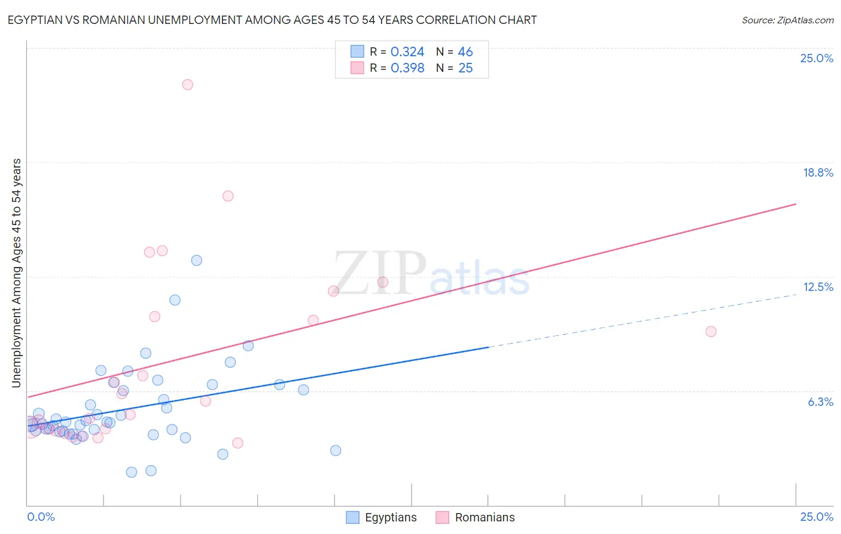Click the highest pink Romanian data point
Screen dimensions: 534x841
pos(187,84)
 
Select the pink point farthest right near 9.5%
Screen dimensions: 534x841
pos(711,332)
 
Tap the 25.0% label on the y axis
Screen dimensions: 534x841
pos(816,58)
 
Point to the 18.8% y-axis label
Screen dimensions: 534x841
pos(818,172)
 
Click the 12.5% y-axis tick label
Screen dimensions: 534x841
pos(818,287)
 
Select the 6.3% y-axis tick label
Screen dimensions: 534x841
pos(820,402)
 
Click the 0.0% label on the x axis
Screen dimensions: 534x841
pos(41,517)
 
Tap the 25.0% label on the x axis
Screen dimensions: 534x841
pos(816,517)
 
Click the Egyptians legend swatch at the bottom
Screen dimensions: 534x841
pos(353,517)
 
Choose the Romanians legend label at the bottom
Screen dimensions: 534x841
pos(485,517)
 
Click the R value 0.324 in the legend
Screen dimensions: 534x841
pos(407,52)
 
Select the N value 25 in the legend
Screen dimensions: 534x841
pos(465,68)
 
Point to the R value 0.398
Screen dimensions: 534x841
pos(407,68)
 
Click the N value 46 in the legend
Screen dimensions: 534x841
pos(465,52)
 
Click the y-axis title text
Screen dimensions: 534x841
pos(16,273)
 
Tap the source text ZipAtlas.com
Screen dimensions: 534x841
pos(787,20)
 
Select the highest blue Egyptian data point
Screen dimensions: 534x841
pos(196,260)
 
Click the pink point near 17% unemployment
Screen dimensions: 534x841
pos(227,196)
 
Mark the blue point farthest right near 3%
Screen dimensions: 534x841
pos(336,450)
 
